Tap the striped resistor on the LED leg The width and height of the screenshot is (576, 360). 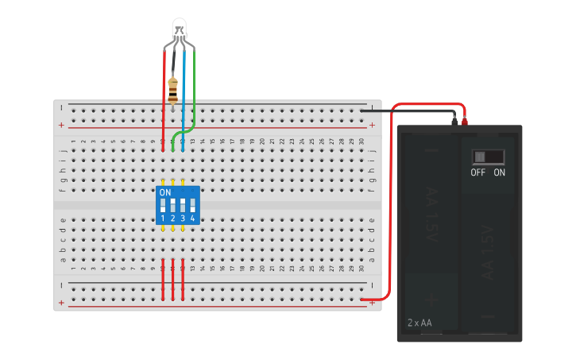pyautogui.click(x=173, y=90)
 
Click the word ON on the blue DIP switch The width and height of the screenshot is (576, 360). pyautogui.click(x=165, y=192)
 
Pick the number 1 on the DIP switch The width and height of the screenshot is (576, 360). pyautogui.click(x=163, y=218)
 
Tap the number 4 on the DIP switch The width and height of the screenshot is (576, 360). pyautogui.click(x=193, y=218)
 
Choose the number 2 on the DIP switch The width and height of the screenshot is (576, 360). pyautogui.click(x=173, y=218)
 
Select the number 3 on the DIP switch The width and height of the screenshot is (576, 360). pyautogui.click(x=183, y=218)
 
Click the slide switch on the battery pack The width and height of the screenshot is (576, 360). pyautogui.click(x=488, y=157)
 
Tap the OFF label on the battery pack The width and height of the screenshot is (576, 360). pyautogui.click(x=477, y=172)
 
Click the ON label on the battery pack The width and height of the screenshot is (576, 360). pyautogui.click(x=500, y=172)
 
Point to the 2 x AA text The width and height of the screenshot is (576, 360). pyautogui.click(x=419, y=323)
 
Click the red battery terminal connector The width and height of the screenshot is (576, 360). pyautogui.click(x=465, y=122)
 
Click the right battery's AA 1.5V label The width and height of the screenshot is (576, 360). pyautogui.click(x=487, y=253)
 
